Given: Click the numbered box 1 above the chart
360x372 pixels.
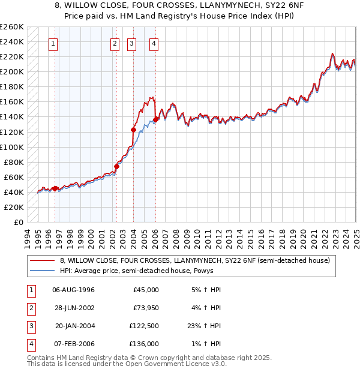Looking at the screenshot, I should tap(53, 43).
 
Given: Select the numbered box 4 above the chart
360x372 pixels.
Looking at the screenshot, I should tap(154, 43).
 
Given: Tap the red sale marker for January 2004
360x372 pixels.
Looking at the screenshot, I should tap(134, 130).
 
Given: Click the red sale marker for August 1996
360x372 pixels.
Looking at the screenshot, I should tap(55, 188).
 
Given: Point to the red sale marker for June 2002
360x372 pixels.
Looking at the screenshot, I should tap(117, 166).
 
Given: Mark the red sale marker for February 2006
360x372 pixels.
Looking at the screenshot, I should tap(155, 119).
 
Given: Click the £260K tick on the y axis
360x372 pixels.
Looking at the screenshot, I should tap(12, 27).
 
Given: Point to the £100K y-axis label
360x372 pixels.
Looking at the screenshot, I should tap(12, 147).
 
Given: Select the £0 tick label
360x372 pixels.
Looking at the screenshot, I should tap(19, 222).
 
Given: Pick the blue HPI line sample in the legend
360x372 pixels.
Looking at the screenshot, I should tap(43, 271).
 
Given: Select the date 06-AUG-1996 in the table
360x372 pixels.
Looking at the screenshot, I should tap(73, 290).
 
